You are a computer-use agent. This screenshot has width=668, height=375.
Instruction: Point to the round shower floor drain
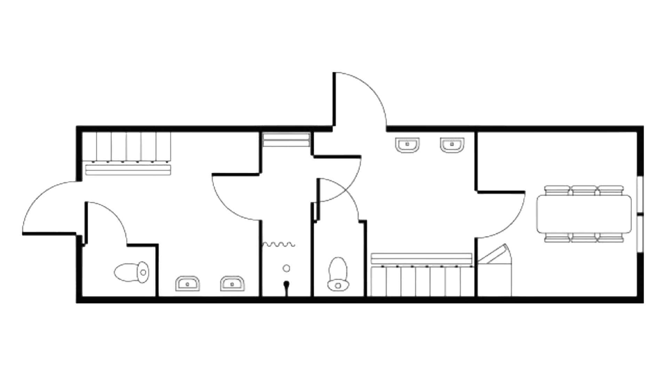click(286, 268)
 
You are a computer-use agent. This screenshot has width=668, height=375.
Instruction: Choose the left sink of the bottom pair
click(188, 283)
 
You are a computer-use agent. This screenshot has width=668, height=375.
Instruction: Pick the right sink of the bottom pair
click(233, 283)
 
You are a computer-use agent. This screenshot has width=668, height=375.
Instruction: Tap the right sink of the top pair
click(452, 144)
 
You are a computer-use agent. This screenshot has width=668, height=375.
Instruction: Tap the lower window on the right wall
click(639, 234)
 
